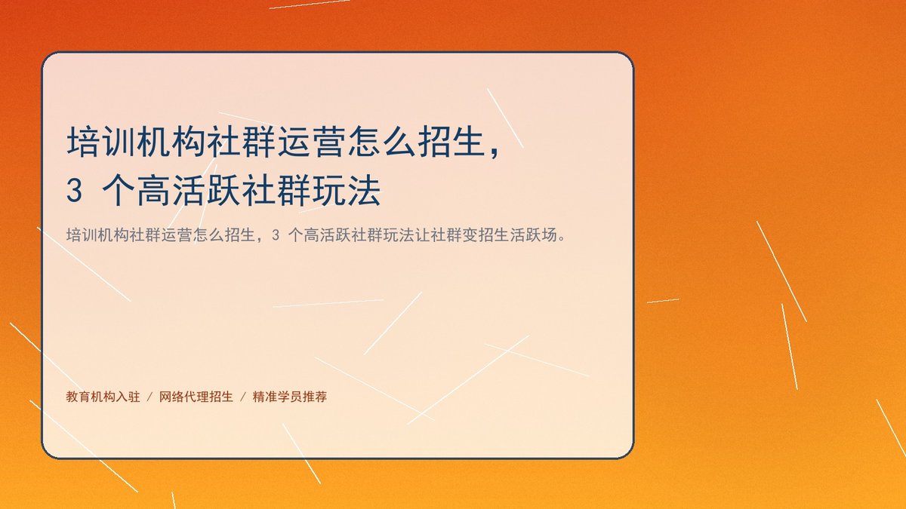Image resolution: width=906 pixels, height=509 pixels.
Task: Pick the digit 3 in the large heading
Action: [75, 191]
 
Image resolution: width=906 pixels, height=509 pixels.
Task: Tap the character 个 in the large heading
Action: [119, 191]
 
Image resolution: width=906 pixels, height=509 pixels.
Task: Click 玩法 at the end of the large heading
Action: [347, 191]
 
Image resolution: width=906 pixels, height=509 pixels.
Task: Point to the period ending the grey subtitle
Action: [562, 238]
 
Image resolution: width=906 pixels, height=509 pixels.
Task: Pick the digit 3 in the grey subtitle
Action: [276, 235]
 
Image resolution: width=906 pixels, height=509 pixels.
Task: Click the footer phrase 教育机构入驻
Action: [103, 397]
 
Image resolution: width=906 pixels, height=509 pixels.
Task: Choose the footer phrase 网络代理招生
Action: [196, 397]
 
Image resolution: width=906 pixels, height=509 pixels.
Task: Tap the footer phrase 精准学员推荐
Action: [290, 397]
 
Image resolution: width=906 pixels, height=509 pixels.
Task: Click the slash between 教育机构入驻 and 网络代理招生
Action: [149, 397]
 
